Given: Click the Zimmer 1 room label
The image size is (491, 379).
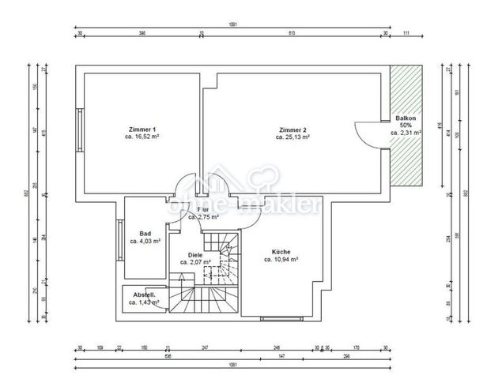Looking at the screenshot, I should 143,129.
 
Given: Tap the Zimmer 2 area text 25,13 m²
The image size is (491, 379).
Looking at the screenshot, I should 292,137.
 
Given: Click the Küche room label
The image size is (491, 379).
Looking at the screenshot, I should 280,251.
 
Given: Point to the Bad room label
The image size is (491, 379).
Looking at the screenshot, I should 145,234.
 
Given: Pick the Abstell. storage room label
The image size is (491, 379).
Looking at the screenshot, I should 144,295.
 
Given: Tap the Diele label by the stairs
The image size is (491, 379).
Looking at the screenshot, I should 195,254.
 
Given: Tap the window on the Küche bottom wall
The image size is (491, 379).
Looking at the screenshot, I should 281,317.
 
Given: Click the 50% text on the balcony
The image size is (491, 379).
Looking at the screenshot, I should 406,126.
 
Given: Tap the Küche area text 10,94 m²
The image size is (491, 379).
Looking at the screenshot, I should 280,259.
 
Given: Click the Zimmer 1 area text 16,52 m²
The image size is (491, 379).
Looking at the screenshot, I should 143,137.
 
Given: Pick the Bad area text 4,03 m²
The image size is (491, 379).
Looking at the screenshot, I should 145,241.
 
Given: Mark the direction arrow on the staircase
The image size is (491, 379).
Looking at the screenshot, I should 183,278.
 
